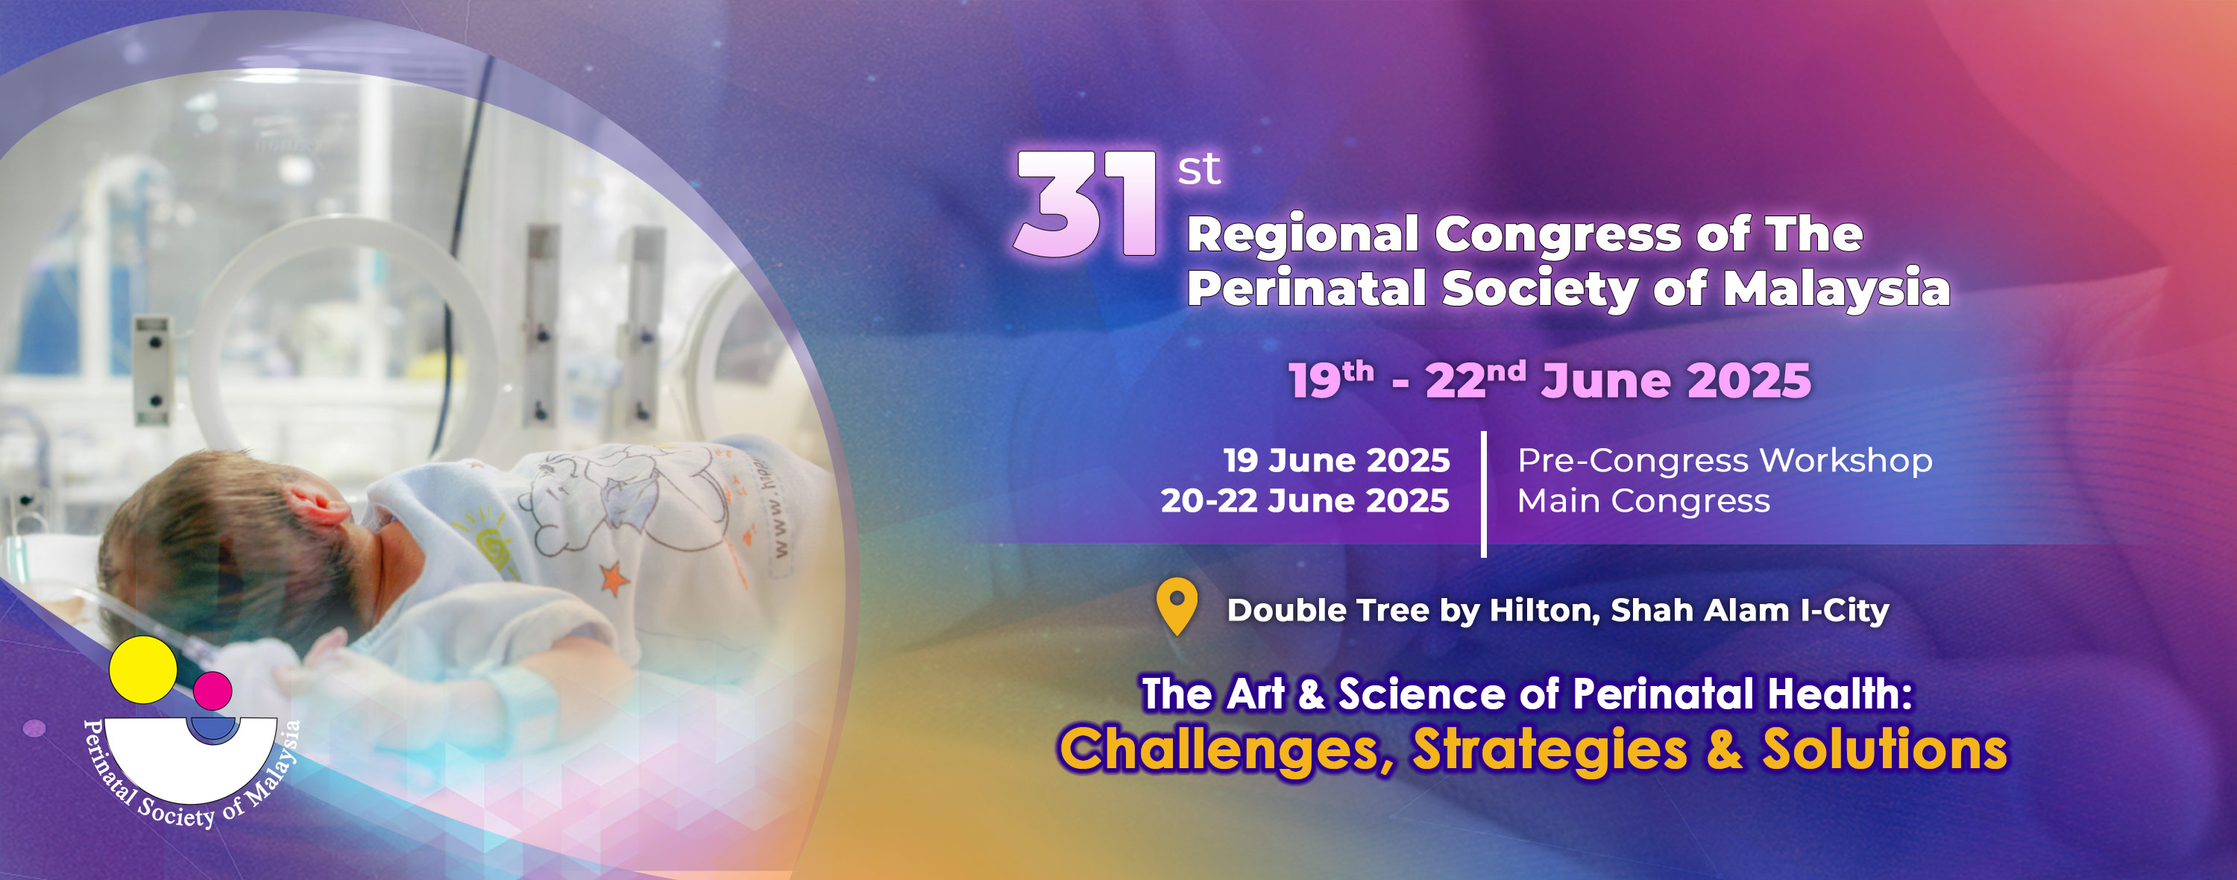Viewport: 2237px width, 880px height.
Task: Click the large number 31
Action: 1086,205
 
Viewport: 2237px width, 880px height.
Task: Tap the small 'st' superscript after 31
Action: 1199,169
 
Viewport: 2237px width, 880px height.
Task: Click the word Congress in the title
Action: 1558,236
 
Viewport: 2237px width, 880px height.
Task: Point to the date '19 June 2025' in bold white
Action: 1336,460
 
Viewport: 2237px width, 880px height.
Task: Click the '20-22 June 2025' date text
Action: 1305,501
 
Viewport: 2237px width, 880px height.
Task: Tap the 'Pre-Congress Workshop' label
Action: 1725,460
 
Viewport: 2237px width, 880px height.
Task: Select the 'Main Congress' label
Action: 1643,502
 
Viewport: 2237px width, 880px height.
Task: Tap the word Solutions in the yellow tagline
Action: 1884,749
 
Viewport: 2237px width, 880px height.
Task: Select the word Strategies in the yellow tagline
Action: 1550,750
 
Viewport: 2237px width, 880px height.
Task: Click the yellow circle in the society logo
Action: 142,670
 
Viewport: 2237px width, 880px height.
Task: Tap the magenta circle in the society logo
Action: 213,691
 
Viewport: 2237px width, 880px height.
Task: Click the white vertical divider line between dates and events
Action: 1483,494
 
